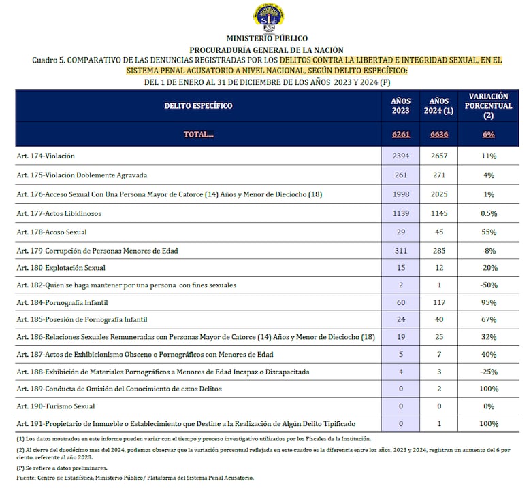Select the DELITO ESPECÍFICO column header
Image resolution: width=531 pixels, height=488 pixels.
point(198,105)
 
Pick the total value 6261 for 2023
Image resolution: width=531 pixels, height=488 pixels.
point(401,134)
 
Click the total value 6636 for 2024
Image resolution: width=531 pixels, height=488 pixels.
point(439,134)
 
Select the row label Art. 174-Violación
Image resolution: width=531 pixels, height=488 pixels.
point(46,156)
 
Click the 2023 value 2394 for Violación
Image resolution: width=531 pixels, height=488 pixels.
point(401,156)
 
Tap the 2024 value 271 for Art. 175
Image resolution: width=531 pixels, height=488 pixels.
point(439,175)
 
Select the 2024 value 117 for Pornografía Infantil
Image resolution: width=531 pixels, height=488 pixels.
point(439,302)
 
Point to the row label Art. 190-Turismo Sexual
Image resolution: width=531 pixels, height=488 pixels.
point(56,406)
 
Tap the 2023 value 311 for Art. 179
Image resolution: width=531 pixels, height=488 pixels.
point(401,251)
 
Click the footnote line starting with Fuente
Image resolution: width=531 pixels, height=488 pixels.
point(135,478)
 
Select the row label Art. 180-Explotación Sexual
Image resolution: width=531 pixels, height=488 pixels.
point(61,268)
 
